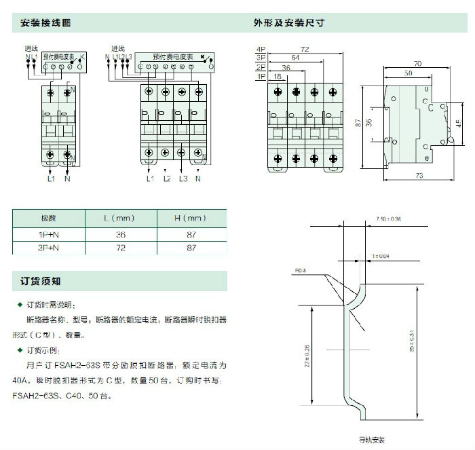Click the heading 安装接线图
pyautogui.click(x=46, y=23)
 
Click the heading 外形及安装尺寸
pyautogui.click(x=288, y=23)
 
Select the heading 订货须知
pyautogui.click(x=41, y=280)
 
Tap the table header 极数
pyautogui.click(x=48, y=219)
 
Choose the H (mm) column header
pyautogui.click(x=192, y=219)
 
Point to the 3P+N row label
pyautogui.click(x=48, y=248)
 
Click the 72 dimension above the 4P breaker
pyautogui.click(x=305, y=50)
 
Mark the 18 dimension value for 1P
pyautogui.click(x=278, y=77)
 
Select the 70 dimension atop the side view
pyautogui.click(x=417, y=63)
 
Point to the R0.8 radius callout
pyautogui.click(x=301, y=270)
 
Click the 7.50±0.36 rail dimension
pyautogui.click(x=388, y=219)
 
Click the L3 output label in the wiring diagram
pyautogui.click(x=183, y=179)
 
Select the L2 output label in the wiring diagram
pyautogui.click(x=166, y=179)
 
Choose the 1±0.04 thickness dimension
pyautogui.click(x=381, y=256)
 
